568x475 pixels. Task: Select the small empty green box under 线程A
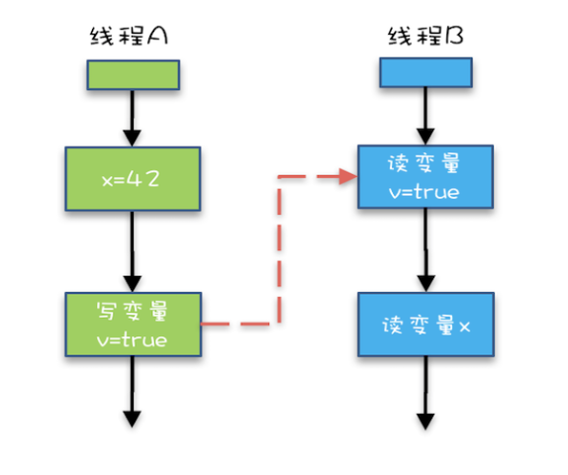point(133,74)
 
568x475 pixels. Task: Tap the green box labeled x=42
point(133,180)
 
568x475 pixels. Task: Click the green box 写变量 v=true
point(133,325)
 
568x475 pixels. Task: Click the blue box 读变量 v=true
point(425,177)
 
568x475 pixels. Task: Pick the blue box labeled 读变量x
point(425,325)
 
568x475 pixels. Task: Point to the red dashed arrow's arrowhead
point(348,177)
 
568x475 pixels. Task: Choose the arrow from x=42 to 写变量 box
point(133,251)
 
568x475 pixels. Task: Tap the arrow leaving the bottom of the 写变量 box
point(133,391)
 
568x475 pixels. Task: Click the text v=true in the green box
point(133,339)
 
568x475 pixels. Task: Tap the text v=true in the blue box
point(425,192)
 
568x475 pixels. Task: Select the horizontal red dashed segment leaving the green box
point(237,324)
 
